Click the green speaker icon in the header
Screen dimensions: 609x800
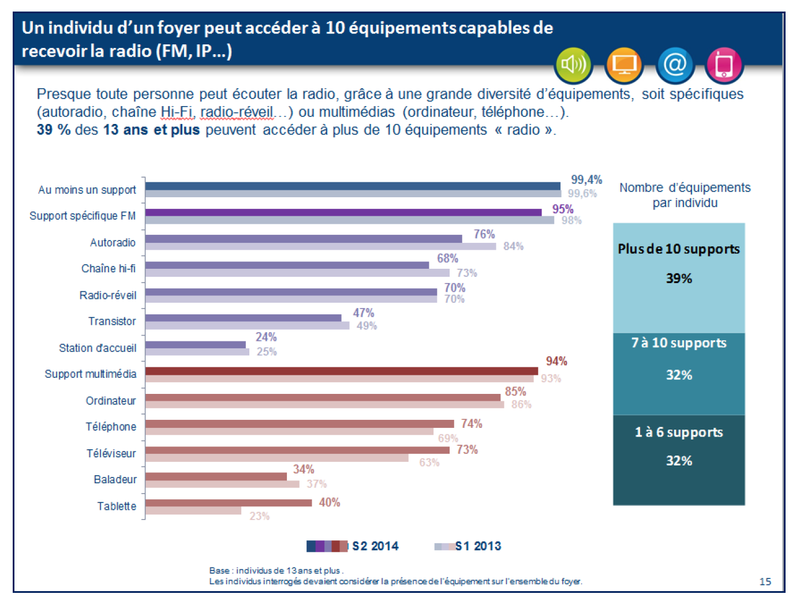pos(573,65)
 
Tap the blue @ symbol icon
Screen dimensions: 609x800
pos(674,65)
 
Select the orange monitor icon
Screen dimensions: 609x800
pos(624,65)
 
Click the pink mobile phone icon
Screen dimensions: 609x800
pos(724,65)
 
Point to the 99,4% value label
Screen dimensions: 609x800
pos(586,180)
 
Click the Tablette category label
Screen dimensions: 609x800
pos(117,506)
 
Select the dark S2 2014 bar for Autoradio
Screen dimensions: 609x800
pos(304,239)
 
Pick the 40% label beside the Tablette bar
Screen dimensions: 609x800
pos(330,503)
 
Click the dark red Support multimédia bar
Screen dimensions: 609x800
pos(341,371)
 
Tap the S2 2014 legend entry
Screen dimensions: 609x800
pos(353,546)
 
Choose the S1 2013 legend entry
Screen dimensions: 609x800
pos(468,546)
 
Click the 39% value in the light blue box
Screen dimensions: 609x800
pos(679,279)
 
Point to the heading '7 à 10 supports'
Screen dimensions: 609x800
pos(679,343)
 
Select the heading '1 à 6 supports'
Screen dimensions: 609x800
pos(679,433)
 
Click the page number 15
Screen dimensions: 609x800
pos(765,581)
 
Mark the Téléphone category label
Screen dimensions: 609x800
pos(111,427)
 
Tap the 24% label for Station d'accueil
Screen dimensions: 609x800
pos(266,337)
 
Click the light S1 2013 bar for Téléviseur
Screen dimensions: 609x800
pos(276,458)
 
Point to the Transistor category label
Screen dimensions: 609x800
pos(112,321)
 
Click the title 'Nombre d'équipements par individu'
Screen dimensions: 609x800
pos(685,195)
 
